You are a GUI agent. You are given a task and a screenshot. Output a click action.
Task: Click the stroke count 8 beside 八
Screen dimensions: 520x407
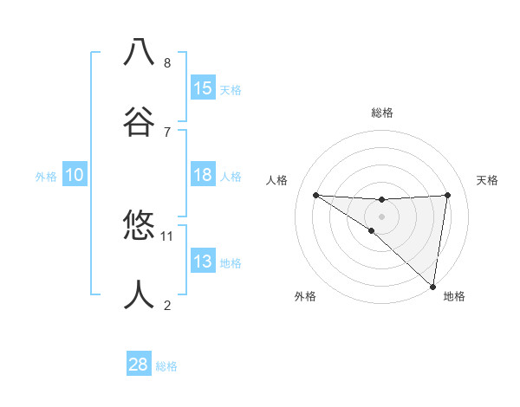pyautogui.click(x=167, y=62)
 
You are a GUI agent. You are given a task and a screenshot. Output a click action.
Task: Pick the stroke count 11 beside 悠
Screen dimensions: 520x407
pyautogui.click(x=167, y=236)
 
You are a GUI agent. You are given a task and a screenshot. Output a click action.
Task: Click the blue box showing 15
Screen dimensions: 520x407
pyautogui.click(x=203, y=88)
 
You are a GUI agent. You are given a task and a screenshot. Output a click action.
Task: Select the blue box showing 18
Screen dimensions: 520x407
pyautogui.click(x=203, y=175)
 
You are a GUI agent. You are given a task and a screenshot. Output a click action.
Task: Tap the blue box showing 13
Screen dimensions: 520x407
pyautogui.click(x=203, y=262)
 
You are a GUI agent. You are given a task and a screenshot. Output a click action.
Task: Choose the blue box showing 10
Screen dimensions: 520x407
pyautogui.click(x=75, y=175)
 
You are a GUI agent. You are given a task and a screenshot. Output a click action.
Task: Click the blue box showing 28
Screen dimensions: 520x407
pyautogui.click(x=139, y=365)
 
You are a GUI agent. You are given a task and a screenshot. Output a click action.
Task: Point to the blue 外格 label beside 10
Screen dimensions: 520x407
pyautogui.click(x=46, y=177)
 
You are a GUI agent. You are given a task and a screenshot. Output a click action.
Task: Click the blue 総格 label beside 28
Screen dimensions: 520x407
pyautogui.click(x=166, y=366)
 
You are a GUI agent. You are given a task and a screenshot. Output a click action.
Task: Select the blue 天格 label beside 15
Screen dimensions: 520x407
pyautogui.click(x=231, y=90)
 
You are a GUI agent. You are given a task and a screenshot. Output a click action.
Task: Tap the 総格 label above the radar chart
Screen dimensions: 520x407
pyautogui.click(x=382, y=113)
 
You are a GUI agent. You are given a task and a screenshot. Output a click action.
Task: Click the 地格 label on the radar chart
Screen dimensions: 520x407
pyautogui.click(x=454, y=297)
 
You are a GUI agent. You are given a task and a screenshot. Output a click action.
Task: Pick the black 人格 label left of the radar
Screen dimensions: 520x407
pyautogui.click(x=276, y=180)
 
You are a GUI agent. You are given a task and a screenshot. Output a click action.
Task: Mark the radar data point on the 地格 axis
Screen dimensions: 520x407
pyautogui.click(x=432, y=286)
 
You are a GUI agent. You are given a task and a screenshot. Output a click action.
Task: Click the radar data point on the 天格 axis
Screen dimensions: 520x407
pyautogui.click(x=447, y=195)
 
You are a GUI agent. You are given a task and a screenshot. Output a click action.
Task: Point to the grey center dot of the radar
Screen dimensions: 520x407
pyautogui.click(x=381, y=216)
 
